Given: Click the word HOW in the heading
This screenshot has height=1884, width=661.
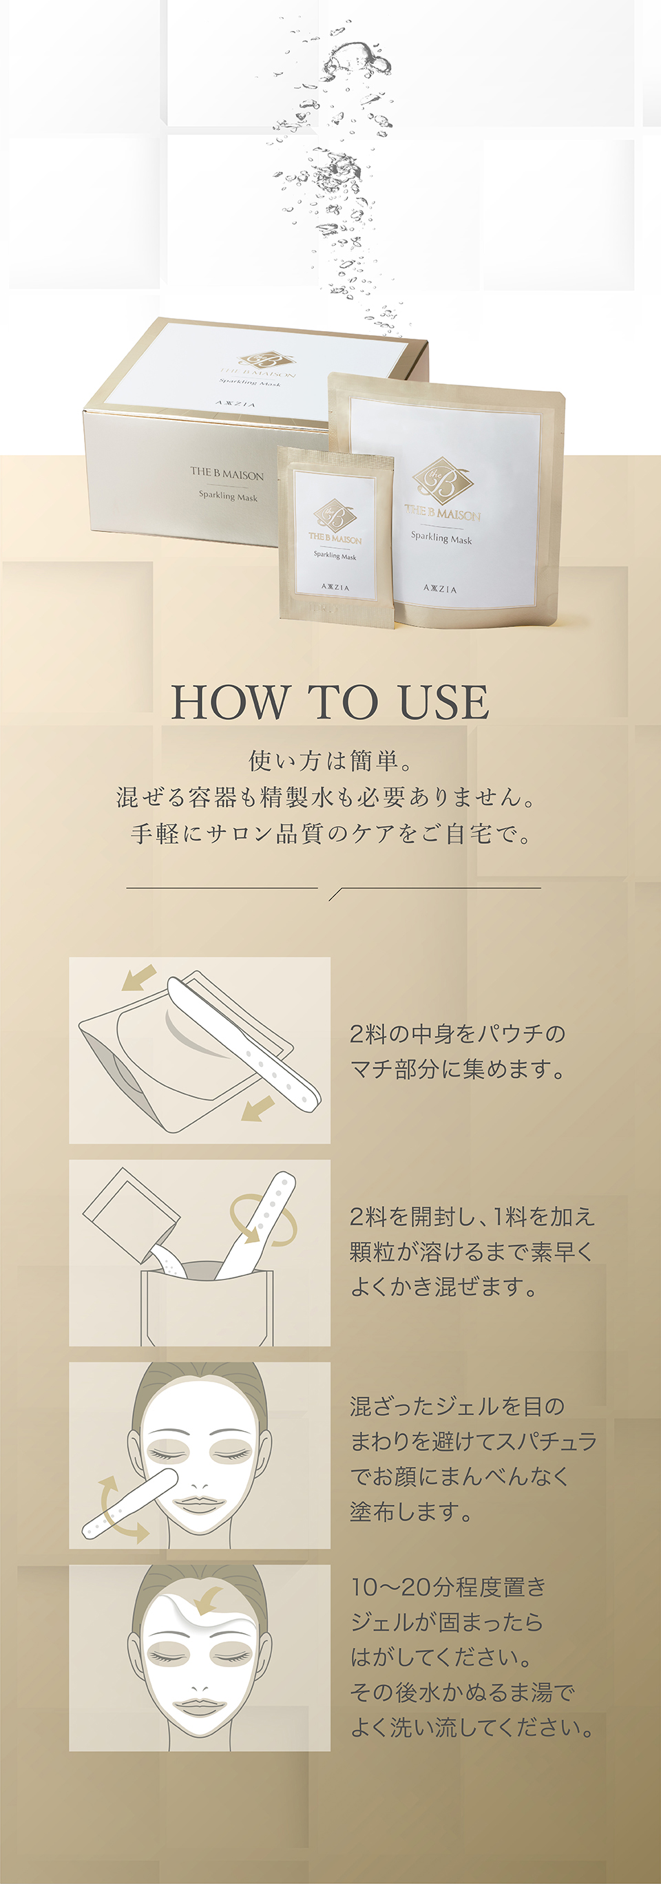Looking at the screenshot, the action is pyautogui.click(x=229, y=702).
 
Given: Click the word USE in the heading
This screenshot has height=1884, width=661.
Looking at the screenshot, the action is pyautogui.click(x=444, y=702).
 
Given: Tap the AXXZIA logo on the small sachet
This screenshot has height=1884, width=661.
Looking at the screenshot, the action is pyautogui.click(x=335, y=587).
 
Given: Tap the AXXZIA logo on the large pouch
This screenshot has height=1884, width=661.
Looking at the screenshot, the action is pyautogui.click(x=439, y=589).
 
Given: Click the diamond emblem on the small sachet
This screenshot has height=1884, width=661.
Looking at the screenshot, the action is pyautogui.click(x=335, y=516).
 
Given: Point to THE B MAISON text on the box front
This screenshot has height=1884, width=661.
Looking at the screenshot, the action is pyautogui.click(x=227, y=474).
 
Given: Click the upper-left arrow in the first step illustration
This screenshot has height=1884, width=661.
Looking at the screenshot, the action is pyautogui.click(x=138, y=977).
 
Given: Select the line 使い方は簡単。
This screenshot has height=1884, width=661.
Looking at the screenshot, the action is pyautogui.click(x=330, y=761).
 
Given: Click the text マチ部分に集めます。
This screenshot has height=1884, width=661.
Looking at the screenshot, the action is pyautogui.click(x=459, y=1069).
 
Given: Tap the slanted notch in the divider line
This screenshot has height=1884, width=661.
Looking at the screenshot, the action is pyautogui.click(x=335, y=893).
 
